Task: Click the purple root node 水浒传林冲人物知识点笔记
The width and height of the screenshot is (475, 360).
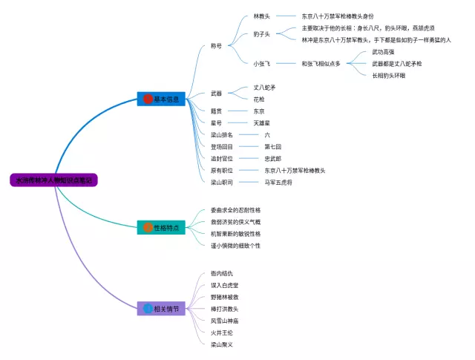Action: tap(54, 180)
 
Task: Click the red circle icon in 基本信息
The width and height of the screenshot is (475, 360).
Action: tap(148, 99)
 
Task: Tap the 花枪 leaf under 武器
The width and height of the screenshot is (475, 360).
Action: tap(259, 99)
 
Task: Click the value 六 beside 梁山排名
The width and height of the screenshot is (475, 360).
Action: tap(267, 134)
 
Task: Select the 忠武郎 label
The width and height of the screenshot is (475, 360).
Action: tap(272, 158)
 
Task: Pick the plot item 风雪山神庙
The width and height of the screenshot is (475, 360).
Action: tap(224, 320)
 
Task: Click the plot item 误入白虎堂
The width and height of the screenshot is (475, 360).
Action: tap(224, 285)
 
